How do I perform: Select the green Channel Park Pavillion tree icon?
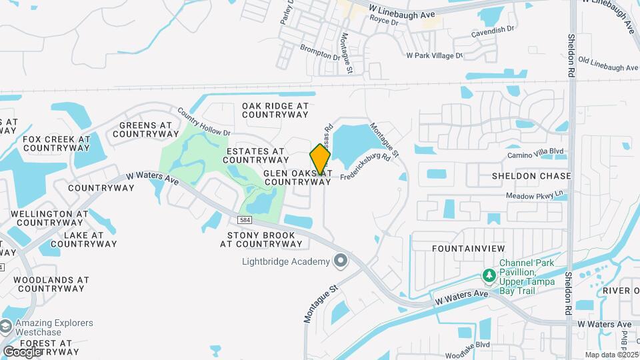(x=489, y=276)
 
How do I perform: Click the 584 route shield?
(x=245, y=219)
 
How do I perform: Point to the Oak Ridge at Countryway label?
(x=275, y=110)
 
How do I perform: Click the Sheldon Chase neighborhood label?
(x=531, y=176)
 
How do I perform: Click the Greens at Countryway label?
(x=145, y=129)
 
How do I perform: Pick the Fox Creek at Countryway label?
(x=56, y=143)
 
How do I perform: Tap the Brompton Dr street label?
(x=320, y=50)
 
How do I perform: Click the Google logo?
(x=22, y=351)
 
